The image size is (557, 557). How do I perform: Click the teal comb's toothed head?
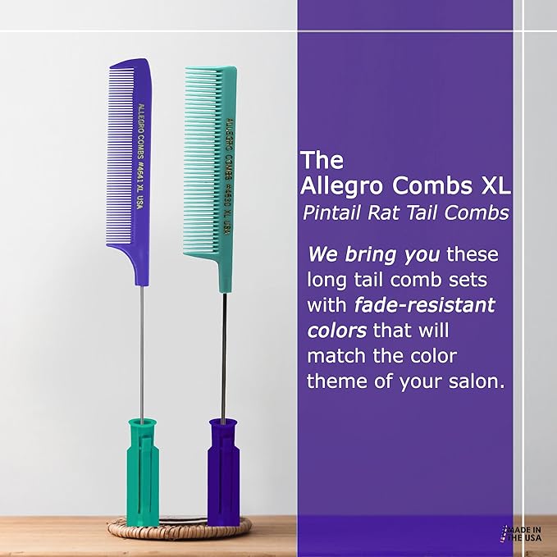point(208,164)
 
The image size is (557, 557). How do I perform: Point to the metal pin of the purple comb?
point(140,345)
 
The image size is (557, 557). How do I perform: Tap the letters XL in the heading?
point(493,185)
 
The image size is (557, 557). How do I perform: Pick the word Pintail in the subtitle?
point(332,213)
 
